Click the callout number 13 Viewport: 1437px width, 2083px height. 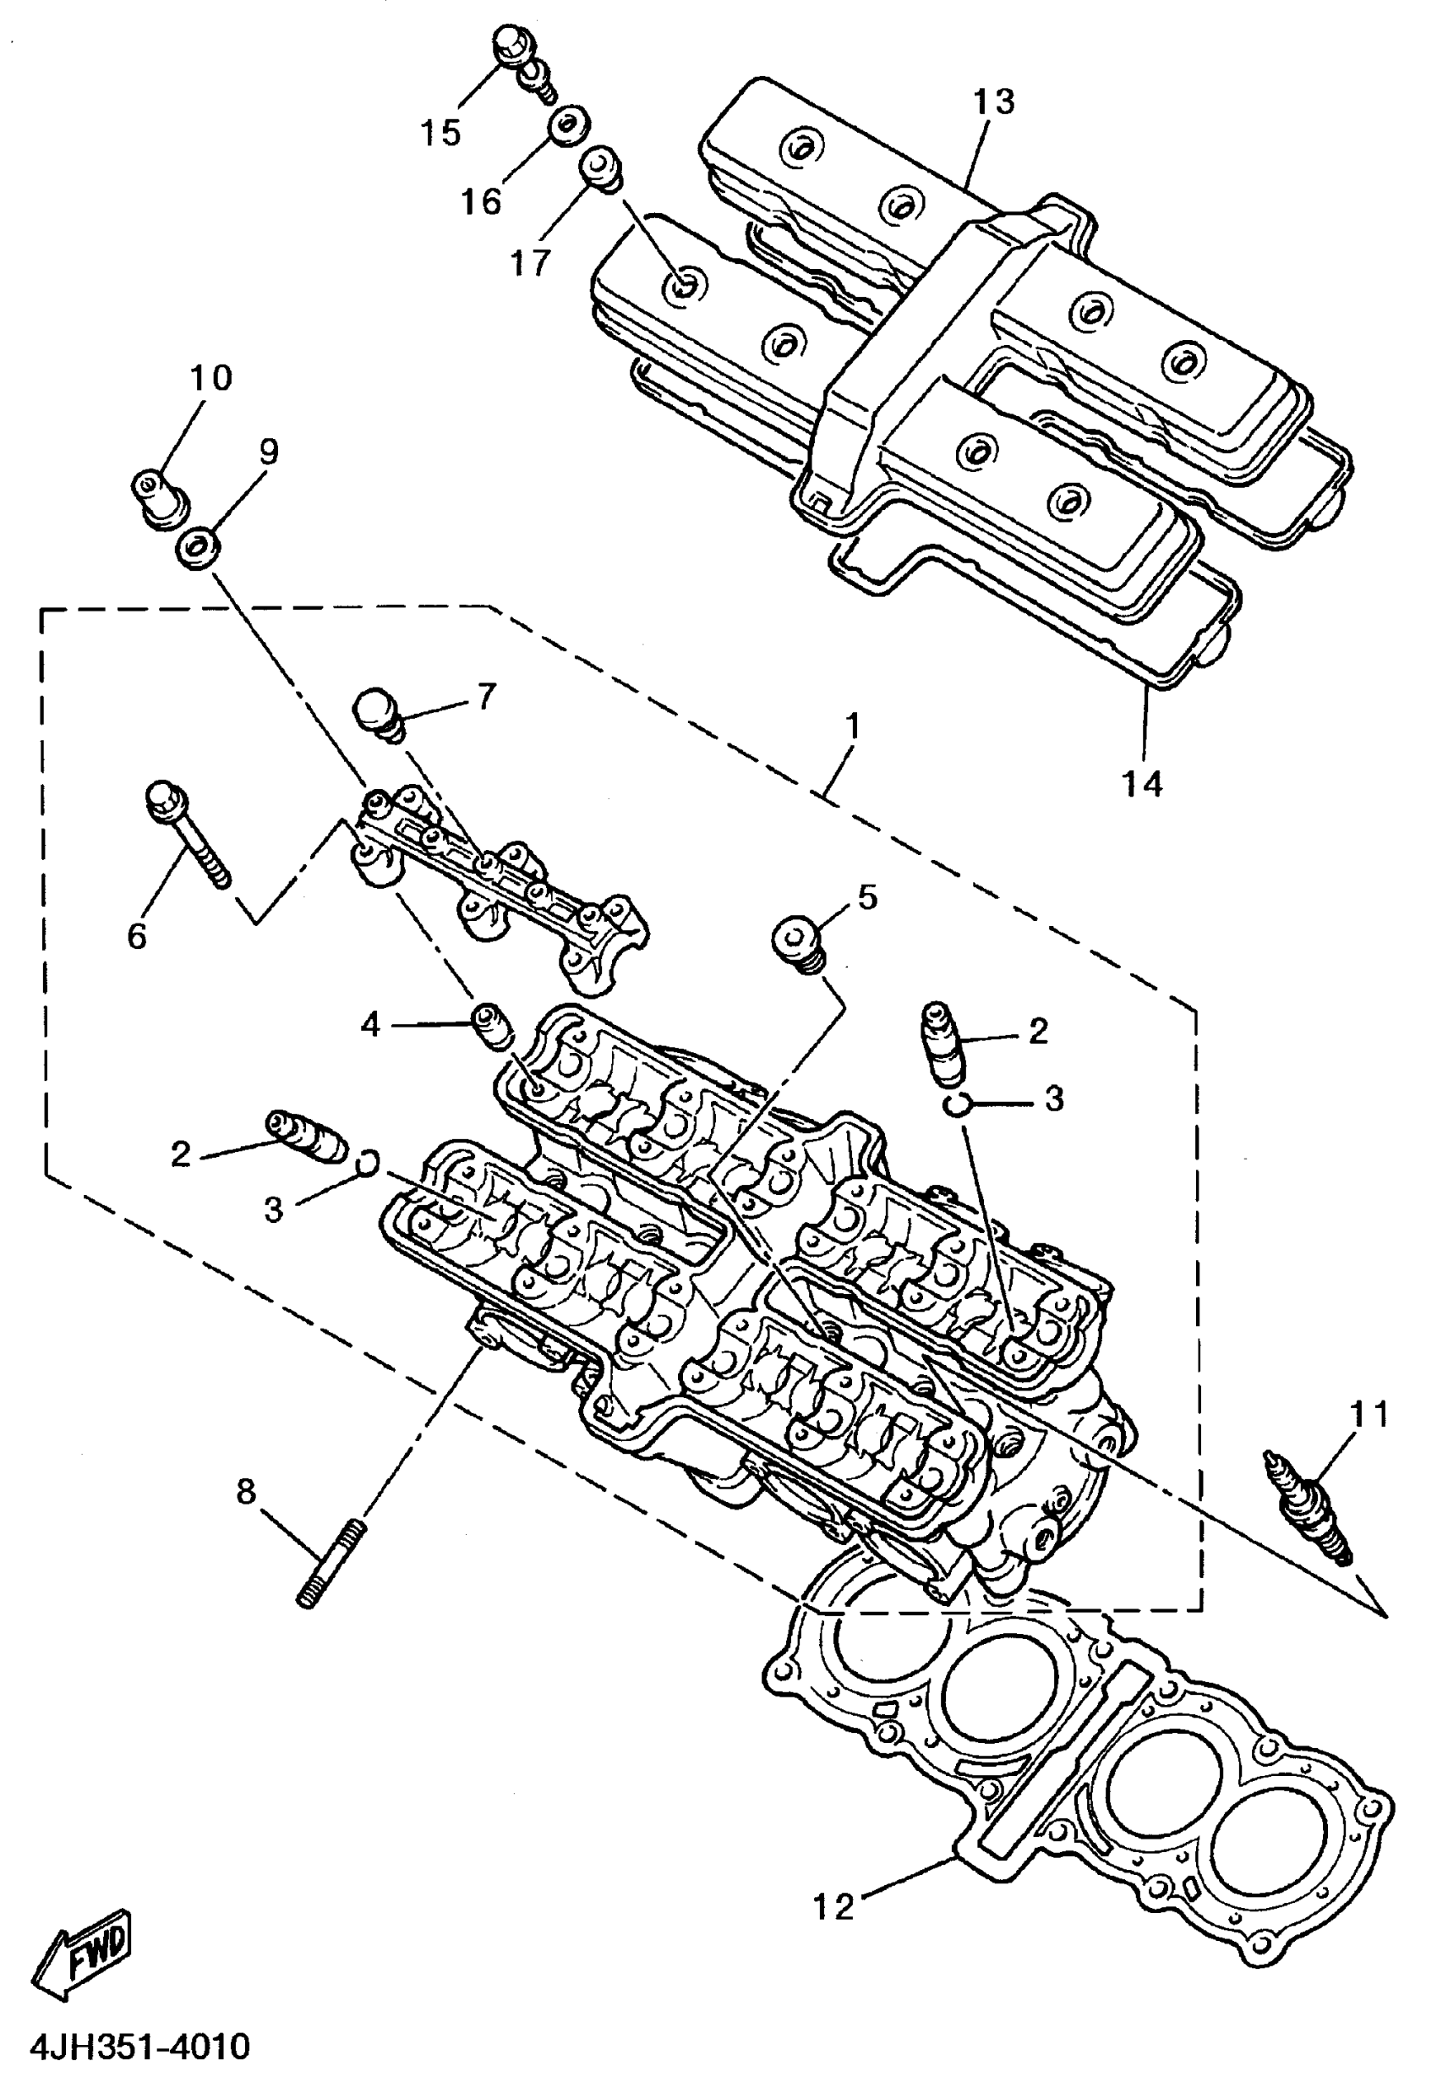pyautogui.click(x=993, y=101)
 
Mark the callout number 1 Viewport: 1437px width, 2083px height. pyautogui.click(x=851, y=727)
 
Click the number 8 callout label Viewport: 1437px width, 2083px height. pyautogui.click(x=246, y=1491)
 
